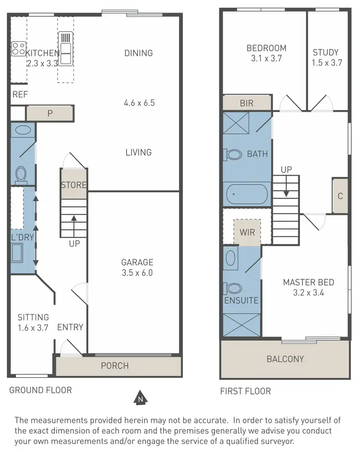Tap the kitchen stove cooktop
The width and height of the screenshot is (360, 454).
[19, 48]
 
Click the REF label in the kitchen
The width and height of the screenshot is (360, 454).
[20, 95]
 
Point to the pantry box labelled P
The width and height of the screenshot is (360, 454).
[50, 113]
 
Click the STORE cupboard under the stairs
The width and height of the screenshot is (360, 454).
[74, 185]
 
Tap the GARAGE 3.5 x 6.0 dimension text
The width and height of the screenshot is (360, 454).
[137, 267]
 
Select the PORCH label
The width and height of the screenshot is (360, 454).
[115, 366]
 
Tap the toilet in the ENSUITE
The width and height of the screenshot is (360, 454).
[233, 288]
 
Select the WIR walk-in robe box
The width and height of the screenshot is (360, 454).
[247, 233]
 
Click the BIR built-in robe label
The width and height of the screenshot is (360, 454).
[247, 103]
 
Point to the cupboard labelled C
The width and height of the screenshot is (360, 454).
[340, 196]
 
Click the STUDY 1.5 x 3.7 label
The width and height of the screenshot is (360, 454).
[325, 57]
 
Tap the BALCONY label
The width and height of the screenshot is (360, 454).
[285, 359]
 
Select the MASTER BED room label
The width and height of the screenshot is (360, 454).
[308, 287]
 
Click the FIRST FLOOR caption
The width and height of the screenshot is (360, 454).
[245, 391]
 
